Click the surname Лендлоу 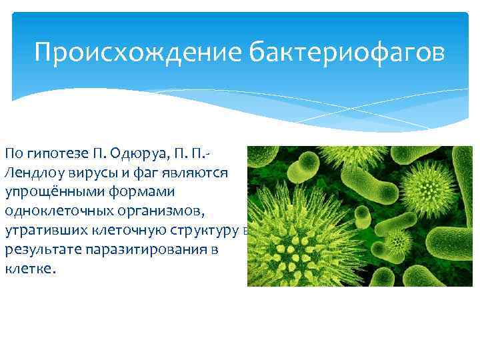click(x=33, y=173)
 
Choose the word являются click(x=197, y=173)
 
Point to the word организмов click(x=160, y=211)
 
